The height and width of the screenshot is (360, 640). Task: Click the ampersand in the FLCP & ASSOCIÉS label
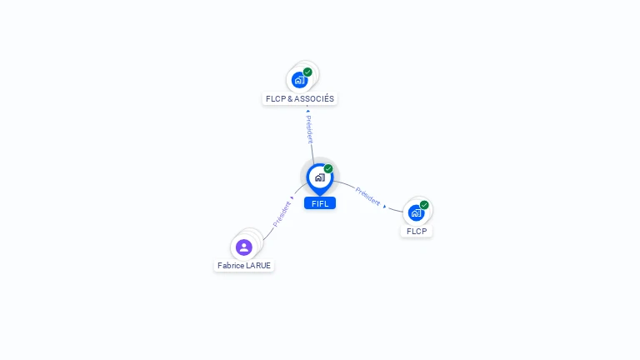pos(291,98)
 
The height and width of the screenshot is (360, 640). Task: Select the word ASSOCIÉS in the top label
pos(315,98)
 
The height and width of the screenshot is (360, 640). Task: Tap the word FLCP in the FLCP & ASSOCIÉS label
pos(276,98)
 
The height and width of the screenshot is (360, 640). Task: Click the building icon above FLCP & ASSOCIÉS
pos(299,81)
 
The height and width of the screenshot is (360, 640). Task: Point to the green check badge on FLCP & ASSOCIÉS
pos(307,72)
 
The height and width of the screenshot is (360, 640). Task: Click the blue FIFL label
pos(320,203)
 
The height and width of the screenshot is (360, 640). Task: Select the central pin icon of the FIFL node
pos(319,177)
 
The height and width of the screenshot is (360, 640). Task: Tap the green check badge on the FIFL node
pos(328,169)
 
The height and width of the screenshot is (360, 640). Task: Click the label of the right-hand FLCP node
pos(417,231)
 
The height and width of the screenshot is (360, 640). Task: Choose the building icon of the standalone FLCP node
pos(416,213)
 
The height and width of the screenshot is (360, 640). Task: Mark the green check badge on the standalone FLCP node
pos(424,205)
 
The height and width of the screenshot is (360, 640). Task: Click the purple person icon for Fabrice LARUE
pos(243,247)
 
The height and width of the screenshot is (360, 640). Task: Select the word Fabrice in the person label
pos(231,266)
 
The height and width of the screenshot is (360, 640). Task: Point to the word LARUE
pos(258,266)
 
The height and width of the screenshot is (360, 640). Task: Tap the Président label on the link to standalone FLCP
pos(367,196)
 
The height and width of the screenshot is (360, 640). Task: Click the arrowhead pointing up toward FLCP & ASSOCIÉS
pos(307,110)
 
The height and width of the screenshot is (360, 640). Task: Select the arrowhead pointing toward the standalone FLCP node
pos(385,206)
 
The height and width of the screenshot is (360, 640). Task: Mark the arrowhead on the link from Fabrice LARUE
pos(292,198)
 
